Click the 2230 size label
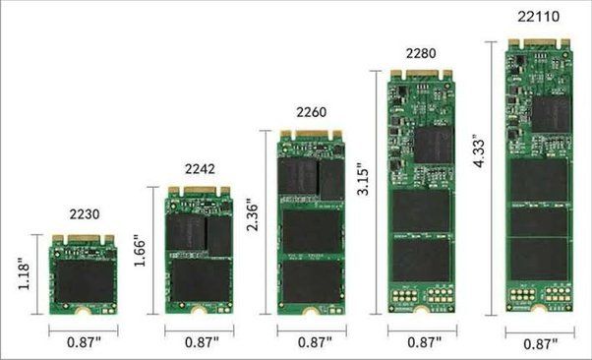85,213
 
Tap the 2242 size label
200,168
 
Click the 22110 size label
540,17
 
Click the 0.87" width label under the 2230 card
85,344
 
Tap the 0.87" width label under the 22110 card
540,344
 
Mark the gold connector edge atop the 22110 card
539,42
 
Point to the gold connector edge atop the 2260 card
311,134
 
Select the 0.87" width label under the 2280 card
423,344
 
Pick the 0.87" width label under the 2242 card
200,344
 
